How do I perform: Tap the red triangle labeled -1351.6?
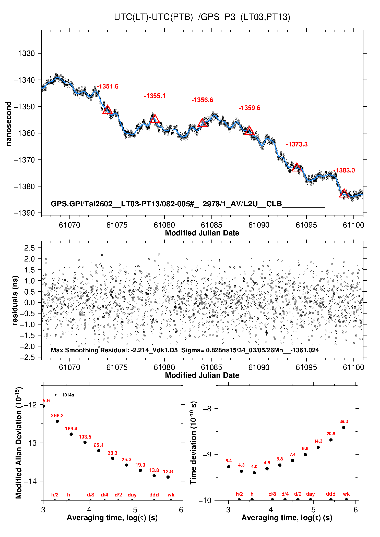pyautogui.click(x=107, y=110)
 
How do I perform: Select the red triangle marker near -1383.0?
pyautogui.click(x=344, y=193)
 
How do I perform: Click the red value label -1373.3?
pyautogui.click(x=297, y=144)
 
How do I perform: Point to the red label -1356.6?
pyautogui.click(x=202, y=100)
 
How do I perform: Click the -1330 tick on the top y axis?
pyautogui.click(x=24, y=54)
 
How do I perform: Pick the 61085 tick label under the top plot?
pyautogui.click(x=211, y=225)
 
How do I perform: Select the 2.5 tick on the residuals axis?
pyautogui.click(x=29, y=248)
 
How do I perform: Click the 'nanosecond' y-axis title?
pyautogui.click(x=9, y=124)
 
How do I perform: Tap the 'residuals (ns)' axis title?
pyautogui.click(x=15, y=300)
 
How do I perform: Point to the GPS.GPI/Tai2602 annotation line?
pyautogui.click(x=188, y=204)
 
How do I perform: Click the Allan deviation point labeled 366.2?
pyautogui.click(x=57, y=421)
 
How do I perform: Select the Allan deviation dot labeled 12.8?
pyautogui.click(x=168, y=477)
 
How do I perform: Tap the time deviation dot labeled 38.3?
pyautogui.click(x=344, y=428)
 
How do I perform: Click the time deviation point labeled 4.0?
pyautogui.click(x=254, y=473)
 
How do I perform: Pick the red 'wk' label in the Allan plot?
pyautogui.click(x=171, y=495)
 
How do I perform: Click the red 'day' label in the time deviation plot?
pyautogui.click(x=311, y=494)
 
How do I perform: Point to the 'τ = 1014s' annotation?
pyautogui.click(x=64, y=395)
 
